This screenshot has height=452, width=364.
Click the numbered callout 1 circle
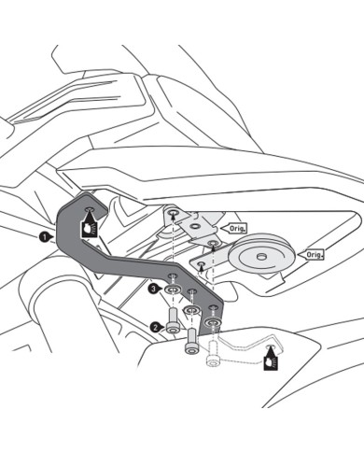tap(44, 237)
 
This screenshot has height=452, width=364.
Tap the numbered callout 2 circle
tap(154, 327)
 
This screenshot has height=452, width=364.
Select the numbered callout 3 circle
tap(153, 289)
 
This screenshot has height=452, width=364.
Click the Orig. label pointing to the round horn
tap(313, 255)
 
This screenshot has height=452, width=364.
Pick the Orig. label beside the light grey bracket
tap(236, 228)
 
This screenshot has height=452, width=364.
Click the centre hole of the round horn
tap(259, 257)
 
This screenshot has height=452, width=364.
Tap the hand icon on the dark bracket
tap(90, 227)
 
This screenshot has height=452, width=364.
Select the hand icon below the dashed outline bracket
tap(272, 359)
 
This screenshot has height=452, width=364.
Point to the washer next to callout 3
tap(174, 290)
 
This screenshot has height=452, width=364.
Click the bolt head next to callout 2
tap(172, 328)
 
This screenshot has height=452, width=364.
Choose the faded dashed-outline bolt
tap(213, 355)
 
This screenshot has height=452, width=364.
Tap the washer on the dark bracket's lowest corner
tap(213, 322)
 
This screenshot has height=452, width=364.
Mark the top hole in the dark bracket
tap(90, 209)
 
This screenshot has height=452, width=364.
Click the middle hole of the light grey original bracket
tap(195, 226)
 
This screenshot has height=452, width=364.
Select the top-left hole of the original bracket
tap(173, 213)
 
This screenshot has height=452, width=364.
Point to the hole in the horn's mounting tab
tap(202, 264)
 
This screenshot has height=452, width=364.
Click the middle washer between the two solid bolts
tap(191, 310)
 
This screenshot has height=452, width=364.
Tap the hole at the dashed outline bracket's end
tap(270, 346)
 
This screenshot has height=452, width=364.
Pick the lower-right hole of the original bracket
tap(213, 242)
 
